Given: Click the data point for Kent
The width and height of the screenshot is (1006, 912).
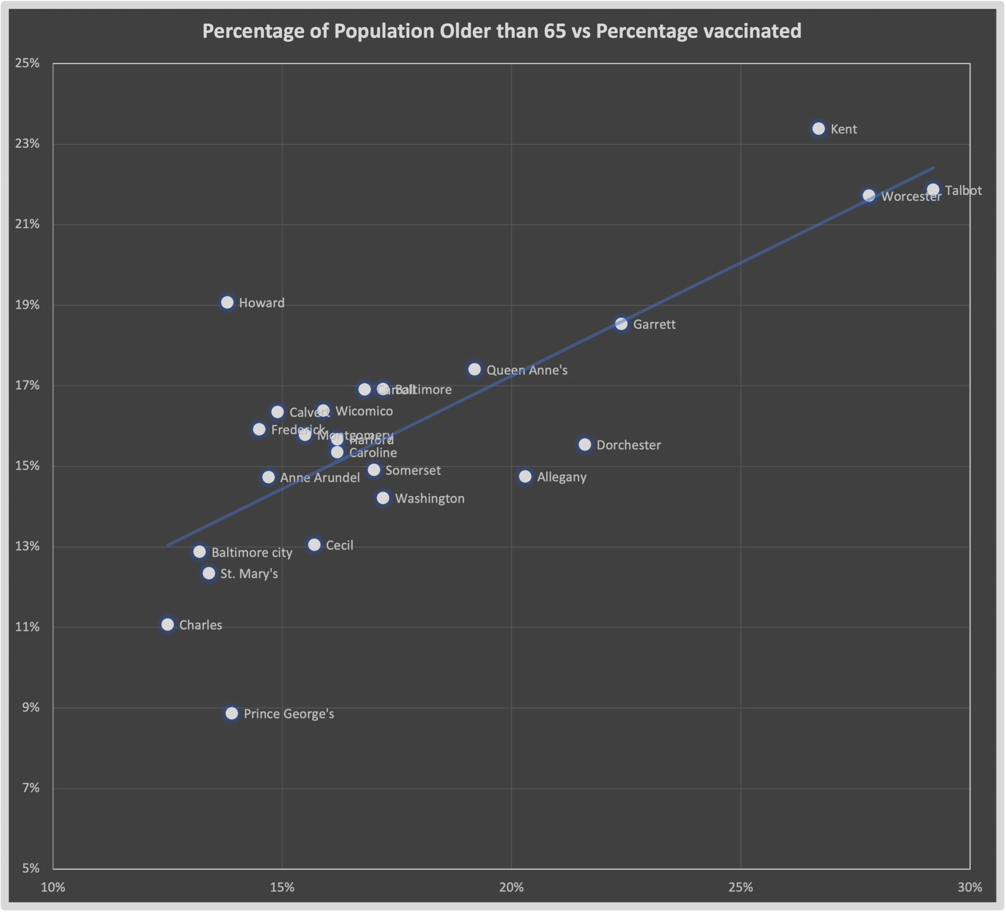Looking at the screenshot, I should point(819,129).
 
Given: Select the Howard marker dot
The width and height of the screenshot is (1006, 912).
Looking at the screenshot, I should point(227,302).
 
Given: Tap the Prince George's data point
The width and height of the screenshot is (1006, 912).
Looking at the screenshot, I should point(231,713).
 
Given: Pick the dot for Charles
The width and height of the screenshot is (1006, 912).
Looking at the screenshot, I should point(168,624).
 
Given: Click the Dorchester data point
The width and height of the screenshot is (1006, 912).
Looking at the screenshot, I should point(585,444).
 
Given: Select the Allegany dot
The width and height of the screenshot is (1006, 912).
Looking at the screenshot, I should point(525,477).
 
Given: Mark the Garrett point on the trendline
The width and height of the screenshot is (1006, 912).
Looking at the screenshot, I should point(621,324).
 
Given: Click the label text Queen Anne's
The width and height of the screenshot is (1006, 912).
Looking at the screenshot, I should point(527,370).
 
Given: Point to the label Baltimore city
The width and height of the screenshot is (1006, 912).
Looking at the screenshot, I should point(252,552).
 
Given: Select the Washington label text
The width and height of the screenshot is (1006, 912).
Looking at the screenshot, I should point(430,498).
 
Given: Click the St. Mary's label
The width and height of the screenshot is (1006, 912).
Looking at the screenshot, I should point(249,574).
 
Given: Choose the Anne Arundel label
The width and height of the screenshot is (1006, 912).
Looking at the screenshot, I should point(320,477).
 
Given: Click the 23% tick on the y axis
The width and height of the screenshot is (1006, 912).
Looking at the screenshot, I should point(27,144).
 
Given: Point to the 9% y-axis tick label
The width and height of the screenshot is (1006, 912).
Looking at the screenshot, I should point(30,707).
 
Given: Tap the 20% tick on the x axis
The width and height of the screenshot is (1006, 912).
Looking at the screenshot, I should point(512,887).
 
